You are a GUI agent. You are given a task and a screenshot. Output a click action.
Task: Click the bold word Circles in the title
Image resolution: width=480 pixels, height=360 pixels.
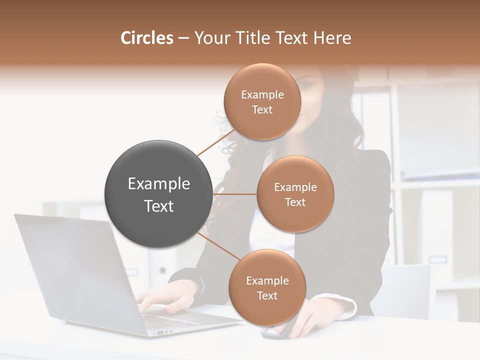[146, 38]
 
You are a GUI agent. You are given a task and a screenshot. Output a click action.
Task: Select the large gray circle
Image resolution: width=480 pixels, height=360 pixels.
[158, 194]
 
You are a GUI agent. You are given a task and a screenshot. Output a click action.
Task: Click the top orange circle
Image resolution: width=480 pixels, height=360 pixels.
[262, 101]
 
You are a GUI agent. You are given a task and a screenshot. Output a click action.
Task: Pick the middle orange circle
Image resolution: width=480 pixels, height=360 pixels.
[295, 194]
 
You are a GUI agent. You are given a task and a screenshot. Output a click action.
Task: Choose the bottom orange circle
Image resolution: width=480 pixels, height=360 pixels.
[267, 287]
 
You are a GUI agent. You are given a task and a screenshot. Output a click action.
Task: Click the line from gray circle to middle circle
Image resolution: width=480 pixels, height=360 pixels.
[234, 194]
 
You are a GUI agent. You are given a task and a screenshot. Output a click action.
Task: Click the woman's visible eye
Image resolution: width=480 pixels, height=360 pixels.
[306, 85]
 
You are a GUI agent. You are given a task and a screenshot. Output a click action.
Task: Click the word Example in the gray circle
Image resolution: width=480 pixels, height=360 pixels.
[158, 184]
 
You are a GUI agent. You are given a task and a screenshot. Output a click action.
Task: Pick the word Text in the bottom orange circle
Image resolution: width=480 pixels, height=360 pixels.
[267, 295]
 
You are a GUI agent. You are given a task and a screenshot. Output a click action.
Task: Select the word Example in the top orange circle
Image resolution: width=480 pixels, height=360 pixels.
[262, 94]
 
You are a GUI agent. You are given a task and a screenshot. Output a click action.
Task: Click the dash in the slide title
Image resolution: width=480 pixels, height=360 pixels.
[183, 38]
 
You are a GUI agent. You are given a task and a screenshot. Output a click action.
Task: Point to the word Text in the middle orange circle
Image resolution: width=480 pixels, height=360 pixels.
[295, 202]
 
